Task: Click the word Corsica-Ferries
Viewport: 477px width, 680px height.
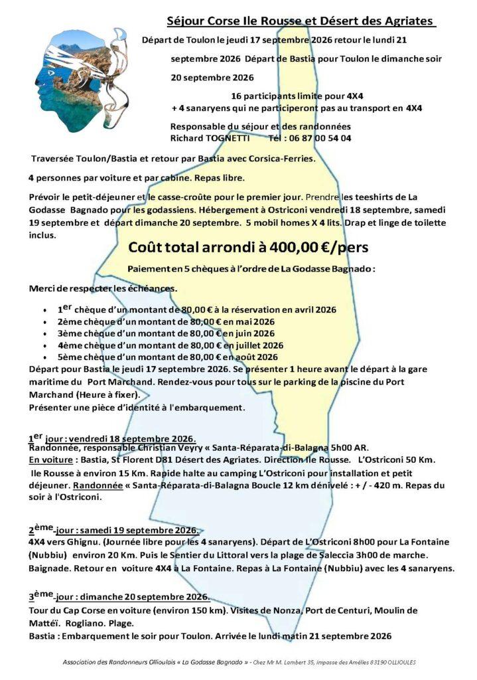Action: [x=275, y=159]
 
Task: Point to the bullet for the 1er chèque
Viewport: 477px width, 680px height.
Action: [x=44, y=311]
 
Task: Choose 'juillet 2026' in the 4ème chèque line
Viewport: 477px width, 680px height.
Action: [x=267, y=345]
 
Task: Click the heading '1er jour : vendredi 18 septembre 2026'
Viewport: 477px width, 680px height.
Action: [x=112, y=439]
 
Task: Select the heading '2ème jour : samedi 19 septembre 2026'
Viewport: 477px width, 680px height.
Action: [x=113, y=530]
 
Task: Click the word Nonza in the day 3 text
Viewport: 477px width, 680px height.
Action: [x=253, y=610]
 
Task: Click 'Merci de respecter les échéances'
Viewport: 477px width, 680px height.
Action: [x=94, y=288]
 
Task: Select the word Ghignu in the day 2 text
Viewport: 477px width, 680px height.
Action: [x=82, y=543]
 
